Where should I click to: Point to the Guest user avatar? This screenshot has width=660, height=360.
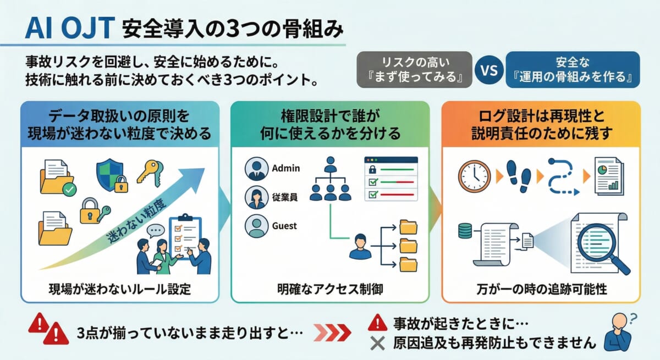(x=255, y=226)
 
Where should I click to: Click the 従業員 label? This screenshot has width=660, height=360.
(x=285, y=197)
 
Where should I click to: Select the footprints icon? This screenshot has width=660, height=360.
(x=520, y=175)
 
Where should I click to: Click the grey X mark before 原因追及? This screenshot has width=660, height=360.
(x=377, y=344)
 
